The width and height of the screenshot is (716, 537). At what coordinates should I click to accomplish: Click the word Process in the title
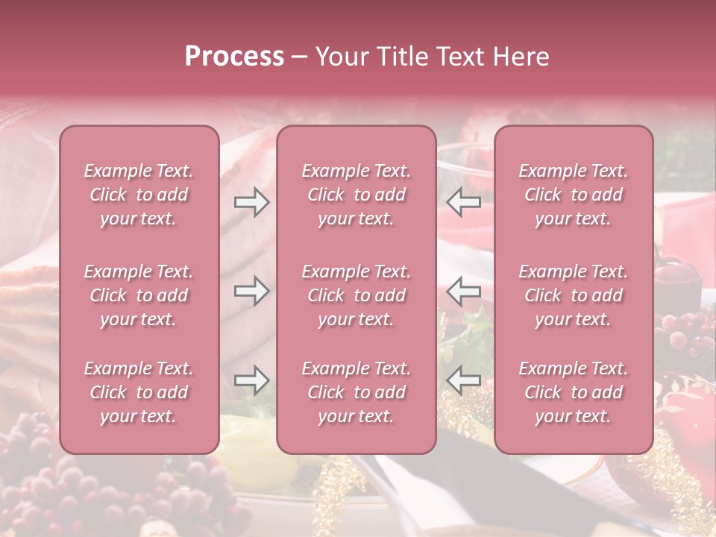(234, 57)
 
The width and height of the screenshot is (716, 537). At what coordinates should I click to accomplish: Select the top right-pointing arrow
(251, 202)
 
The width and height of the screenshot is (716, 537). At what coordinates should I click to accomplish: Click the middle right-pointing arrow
(251, 291)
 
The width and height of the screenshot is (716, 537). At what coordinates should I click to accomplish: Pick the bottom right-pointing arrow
(251, 380)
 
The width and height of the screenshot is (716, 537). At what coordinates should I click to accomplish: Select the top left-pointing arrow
(463, 202)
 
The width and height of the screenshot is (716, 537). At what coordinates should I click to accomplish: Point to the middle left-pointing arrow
(463, 291)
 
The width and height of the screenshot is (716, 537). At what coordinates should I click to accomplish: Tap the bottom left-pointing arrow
(463, 380)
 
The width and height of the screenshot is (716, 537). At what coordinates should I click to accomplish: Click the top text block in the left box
(139, 195)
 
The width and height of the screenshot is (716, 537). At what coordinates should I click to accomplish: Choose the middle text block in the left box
(139, 295)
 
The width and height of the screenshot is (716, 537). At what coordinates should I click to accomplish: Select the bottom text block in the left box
(139, 392)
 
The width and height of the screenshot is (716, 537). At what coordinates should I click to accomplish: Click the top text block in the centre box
(357, 195)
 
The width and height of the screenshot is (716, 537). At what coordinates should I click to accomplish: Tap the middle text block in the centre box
(357, 295)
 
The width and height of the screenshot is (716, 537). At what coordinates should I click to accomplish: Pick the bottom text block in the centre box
(357, 392)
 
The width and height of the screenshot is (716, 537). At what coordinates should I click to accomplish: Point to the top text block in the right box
(574, 195)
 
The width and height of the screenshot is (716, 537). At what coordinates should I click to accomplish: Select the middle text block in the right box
(574, 295)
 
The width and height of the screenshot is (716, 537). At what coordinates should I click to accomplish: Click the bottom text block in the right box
(574, 392)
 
